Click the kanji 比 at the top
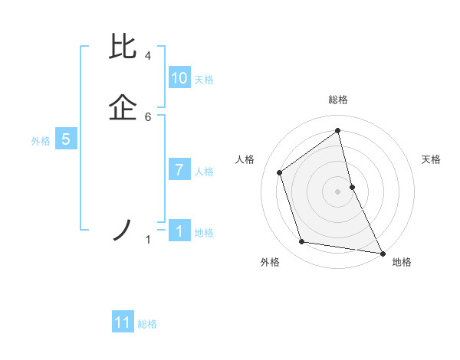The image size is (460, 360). (124, 47)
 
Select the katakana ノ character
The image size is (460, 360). (123, 230)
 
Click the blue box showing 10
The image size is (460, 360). (179, 78)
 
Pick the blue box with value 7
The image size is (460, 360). (179, 170)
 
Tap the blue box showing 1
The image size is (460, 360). (179, 231)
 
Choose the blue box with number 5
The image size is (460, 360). (66, 139)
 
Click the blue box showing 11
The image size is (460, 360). (123, 322)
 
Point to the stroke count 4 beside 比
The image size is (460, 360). (147, 56)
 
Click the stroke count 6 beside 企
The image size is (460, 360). (147, 116)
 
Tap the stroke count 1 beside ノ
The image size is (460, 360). (147, 240)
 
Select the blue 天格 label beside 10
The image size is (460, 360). (204, 80)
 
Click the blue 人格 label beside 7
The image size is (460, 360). (204, 172)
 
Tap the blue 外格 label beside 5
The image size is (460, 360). (41, 141)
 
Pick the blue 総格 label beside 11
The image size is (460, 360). (147, 324)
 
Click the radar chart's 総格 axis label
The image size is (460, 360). (338, 100)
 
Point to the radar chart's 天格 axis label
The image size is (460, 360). (432, 159)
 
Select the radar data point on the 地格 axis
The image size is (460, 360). (382, 252)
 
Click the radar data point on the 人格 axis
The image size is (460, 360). (280, 172)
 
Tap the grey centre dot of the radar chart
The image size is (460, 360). (338, 191)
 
